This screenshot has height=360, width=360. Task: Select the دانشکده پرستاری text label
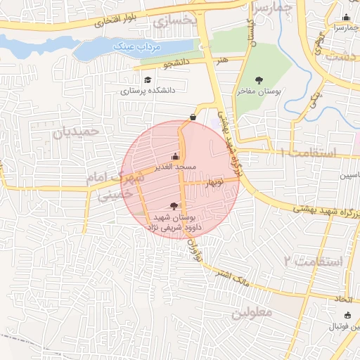(x=150, y=91)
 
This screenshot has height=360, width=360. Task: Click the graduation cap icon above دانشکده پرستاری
(x=148, y=80)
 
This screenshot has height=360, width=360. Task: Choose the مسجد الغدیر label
(x=176, y=167)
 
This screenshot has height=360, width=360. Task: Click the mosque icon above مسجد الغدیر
(x=175, y=156)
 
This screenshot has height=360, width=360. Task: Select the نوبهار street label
(x=214, y=183)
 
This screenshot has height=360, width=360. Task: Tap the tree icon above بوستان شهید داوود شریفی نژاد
(x=174, y=206)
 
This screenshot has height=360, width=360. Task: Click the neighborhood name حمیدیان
(x=77, y=131)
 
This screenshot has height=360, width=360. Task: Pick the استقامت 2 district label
(x=313, y=261)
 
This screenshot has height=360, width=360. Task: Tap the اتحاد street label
(x=344, y=300)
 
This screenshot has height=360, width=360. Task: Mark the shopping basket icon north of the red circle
(x=193, y=116)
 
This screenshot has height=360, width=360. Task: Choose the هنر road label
(x=224, y=62)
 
